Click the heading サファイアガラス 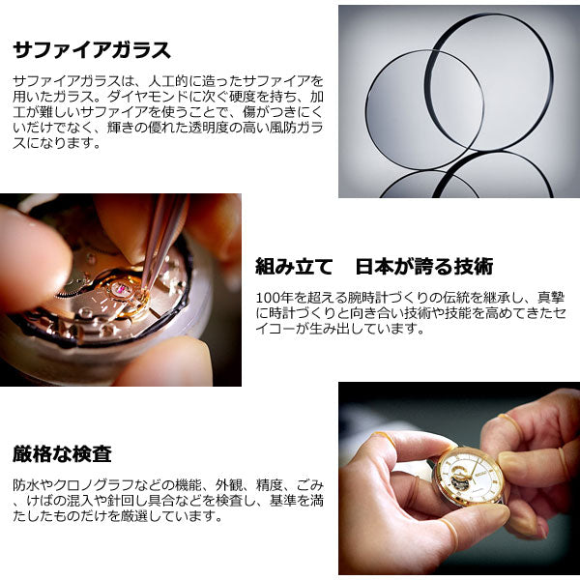tap(92, 50)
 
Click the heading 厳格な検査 tap(62, 454)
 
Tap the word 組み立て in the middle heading tap(294, 267)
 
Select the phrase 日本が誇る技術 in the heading tap(424, 267)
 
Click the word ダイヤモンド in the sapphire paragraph tap(148, 97)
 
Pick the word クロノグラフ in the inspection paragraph tap(94, 484)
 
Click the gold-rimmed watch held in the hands tap(470, 478)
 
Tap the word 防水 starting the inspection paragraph tap(26, 484)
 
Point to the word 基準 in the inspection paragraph tap(283, 500)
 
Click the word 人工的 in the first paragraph tap(168, 81)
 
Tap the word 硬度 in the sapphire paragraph tap(243, 97)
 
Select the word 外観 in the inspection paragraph tap(229, 484)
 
